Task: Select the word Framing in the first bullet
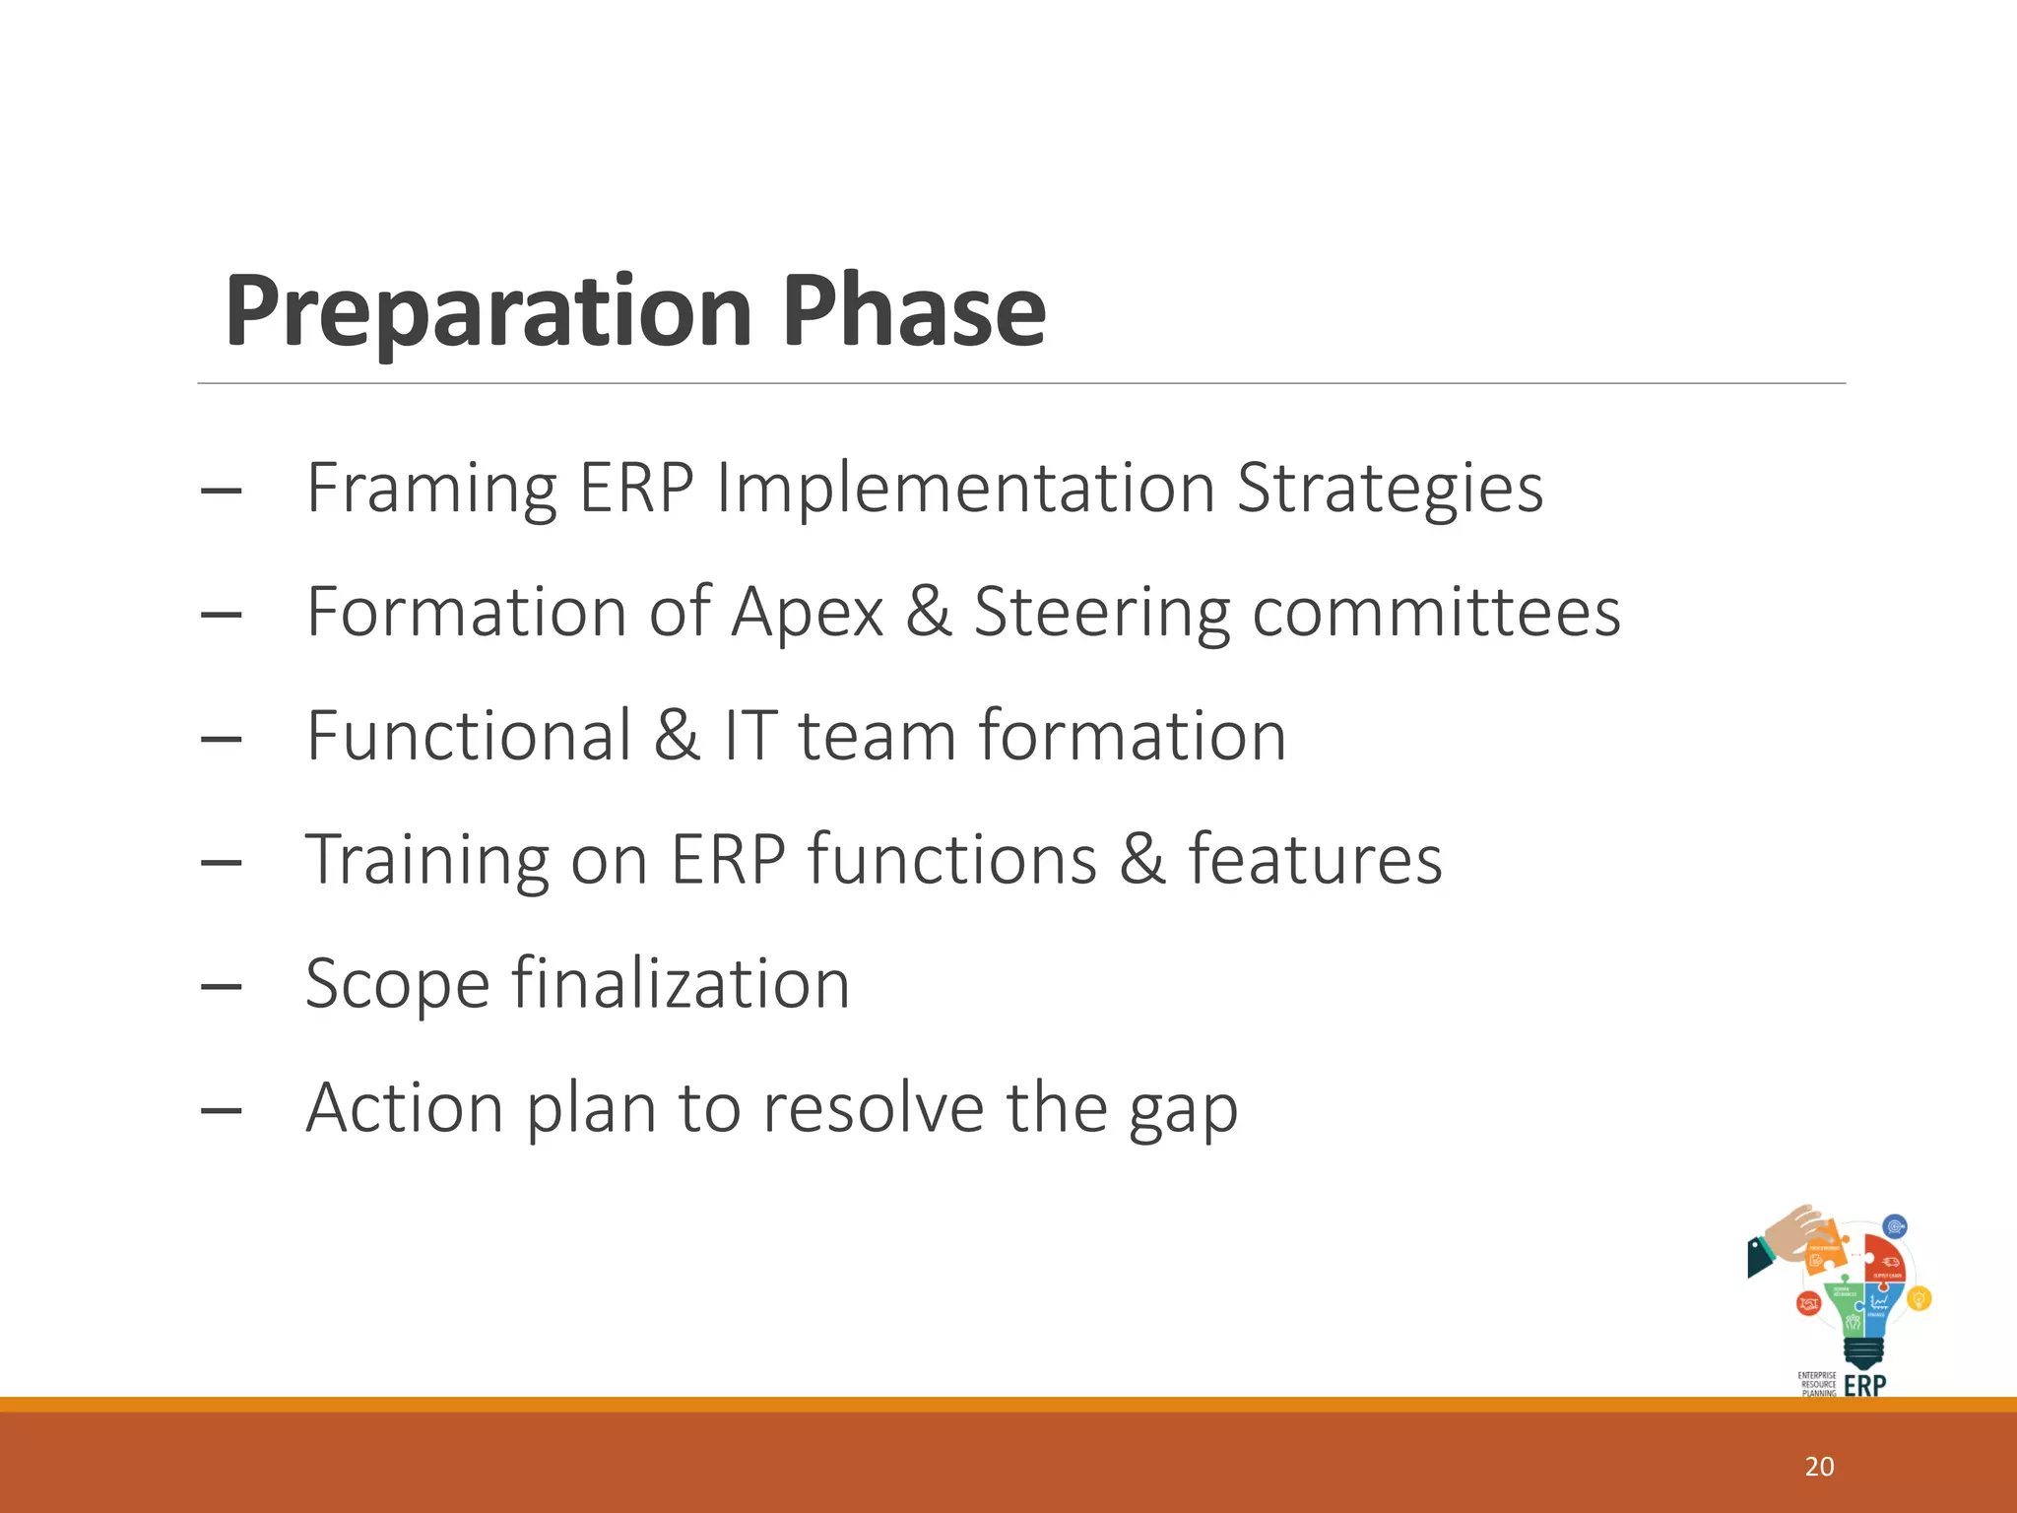point(431,490)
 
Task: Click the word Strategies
point(1389,490)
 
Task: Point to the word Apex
point(808,613)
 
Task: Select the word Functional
point(469,736)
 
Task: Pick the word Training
point(426,861)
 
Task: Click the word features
point(1315,859)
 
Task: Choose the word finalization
point(680,983)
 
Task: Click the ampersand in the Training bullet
point(1142,859)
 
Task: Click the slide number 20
point(1819,1467)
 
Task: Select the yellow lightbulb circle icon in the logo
point(1919,1298)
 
